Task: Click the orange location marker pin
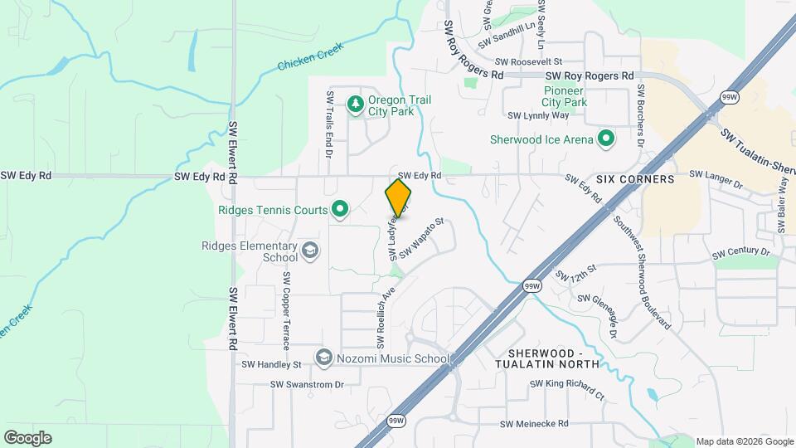coord(398,197)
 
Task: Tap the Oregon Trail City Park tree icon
coord(356,104)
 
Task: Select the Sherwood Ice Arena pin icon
coord(606,139)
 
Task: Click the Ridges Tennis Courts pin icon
coord(339,210)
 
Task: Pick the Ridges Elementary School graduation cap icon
coord(309,251)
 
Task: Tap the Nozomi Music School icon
coord(324,358)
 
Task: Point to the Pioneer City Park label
coord(565,95)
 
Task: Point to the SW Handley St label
coord(271,364)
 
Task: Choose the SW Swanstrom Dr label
coord(307,384)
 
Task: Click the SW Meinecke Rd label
coord(534,423)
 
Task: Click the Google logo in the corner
coord(27,437)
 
